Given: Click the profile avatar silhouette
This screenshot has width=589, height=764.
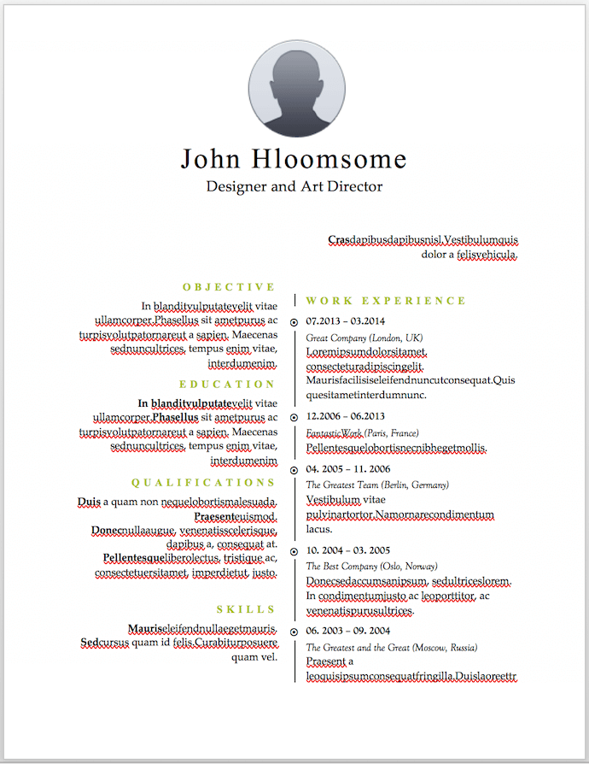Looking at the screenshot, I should (297, 90).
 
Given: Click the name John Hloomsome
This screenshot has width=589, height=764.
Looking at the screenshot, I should (294, 159).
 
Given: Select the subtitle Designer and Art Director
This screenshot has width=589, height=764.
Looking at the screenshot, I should (294, 186).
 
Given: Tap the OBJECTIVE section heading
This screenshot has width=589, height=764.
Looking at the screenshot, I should (230, 287).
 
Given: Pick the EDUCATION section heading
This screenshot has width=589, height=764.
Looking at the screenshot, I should (228, 385).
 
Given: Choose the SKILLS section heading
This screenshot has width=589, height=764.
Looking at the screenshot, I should (246, 609).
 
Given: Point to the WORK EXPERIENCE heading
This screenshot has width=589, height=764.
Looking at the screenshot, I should (386, 301).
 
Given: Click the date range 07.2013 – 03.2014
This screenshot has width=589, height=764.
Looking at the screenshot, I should (345, 321).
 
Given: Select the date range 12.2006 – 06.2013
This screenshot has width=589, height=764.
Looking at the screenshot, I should (345, 416).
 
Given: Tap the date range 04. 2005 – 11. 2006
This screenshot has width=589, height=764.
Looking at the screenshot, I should (347, 469).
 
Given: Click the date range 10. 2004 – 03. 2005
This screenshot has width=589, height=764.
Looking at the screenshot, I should (347, 550).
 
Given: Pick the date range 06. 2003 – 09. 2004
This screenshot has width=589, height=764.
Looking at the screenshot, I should (347, 631).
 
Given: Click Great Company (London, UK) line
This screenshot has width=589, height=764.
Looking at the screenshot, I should (364, 338).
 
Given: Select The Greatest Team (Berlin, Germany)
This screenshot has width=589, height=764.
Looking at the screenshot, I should (376, 485).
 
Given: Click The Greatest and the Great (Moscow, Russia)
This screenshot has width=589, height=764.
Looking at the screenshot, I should (392, 647).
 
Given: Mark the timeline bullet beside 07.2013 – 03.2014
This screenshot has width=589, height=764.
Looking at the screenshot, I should (294, 322).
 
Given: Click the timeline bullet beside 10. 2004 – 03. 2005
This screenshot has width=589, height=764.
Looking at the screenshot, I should (294, 551).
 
